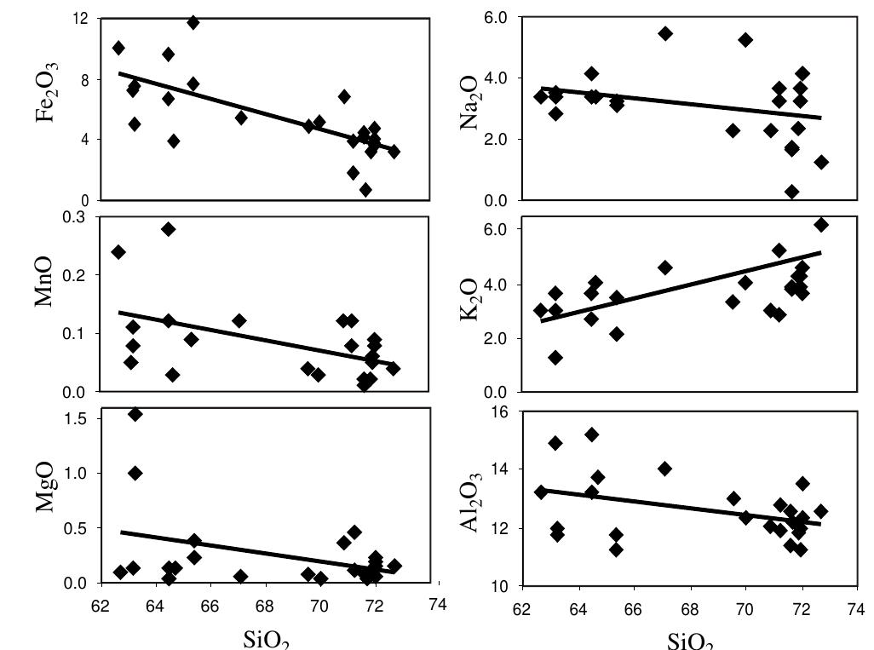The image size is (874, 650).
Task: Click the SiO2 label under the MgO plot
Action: coord(267,640)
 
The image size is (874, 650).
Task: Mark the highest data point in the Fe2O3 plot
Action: coord(193,22)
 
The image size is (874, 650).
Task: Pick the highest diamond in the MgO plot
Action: coord(135,414)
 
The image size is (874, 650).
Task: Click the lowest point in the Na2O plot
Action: coord(792,192)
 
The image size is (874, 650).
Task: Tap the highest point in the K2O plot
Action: coord(821,225)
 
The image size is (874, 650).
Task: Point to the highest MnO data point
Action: coord(169,229)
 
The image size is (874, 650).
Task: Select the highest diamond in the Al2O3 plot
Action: coord(591,434)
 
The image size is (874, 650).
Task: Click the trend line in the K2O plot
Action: coord(681,286)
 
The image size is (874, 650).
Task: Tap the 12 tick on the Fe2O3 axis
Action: coord(83,19)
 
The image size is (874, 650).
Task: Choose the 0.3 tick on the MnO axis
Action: coord(79,217)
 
